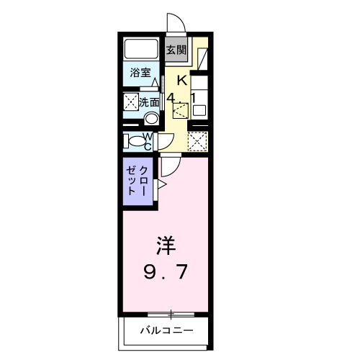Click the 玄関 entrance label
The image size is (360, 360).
click(176, 50)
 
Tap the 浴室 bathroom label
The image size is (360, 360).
click(140, 73)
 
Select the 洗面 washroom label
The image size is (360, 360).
click(149, 102)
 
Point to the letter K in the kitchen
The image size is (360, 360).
click(182, 81)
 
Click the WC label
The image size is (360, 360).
click(147, 140)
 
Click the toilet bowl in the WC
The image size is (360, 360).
click(135, 140)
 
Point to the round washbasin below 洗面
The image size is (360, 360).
click(151, 119)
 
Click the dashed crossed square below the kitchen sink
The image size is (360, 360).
click(197, 140)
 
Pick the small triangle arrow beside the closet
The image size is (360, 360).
click(161, 186)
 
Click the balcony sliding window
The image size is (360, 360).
click(171, 314)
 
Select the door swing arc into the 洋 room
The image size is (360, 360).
click(169, 167)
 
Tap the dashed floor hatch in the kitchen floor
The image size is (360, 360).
click(180, 109)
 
